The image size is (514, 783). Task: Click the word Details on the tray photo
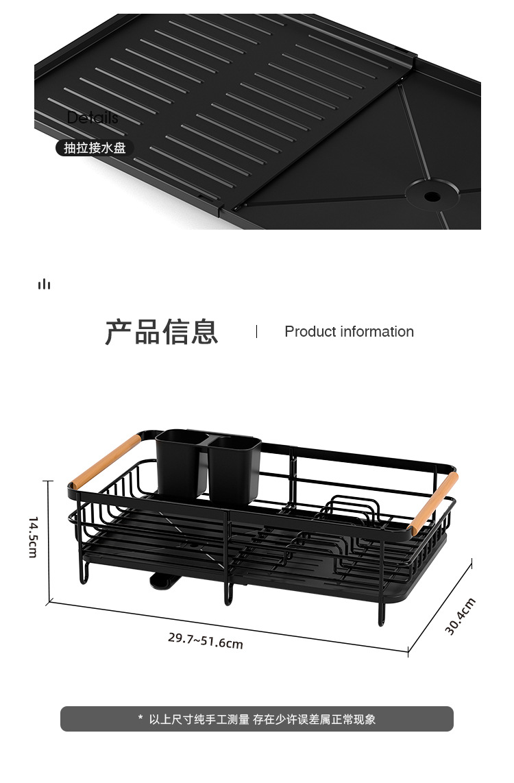[x=93, y=118]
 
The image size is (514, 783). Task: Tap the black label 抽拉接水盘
[x=95, y=147]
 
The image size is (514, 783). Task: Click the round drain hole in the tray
[x=432, y=196]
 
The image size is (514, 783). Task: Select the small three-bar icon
[x=45, y=284]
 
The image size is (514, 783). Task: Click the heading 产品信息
[x=162, y=332]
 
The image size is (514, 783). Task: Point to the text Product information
[x=349, y=332]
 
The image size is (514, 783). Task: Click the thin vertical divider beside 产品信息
[x=256, y=332]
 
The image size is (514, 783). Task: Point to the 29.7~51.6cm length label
[x=206, y=640]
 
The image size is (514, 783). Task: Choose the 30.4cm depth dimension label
[x=460, y=616]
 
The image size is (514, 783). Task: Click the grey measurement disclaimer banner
[x=257, y=719]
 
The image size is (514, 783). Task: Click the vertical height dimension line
[x=49, y=542]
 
